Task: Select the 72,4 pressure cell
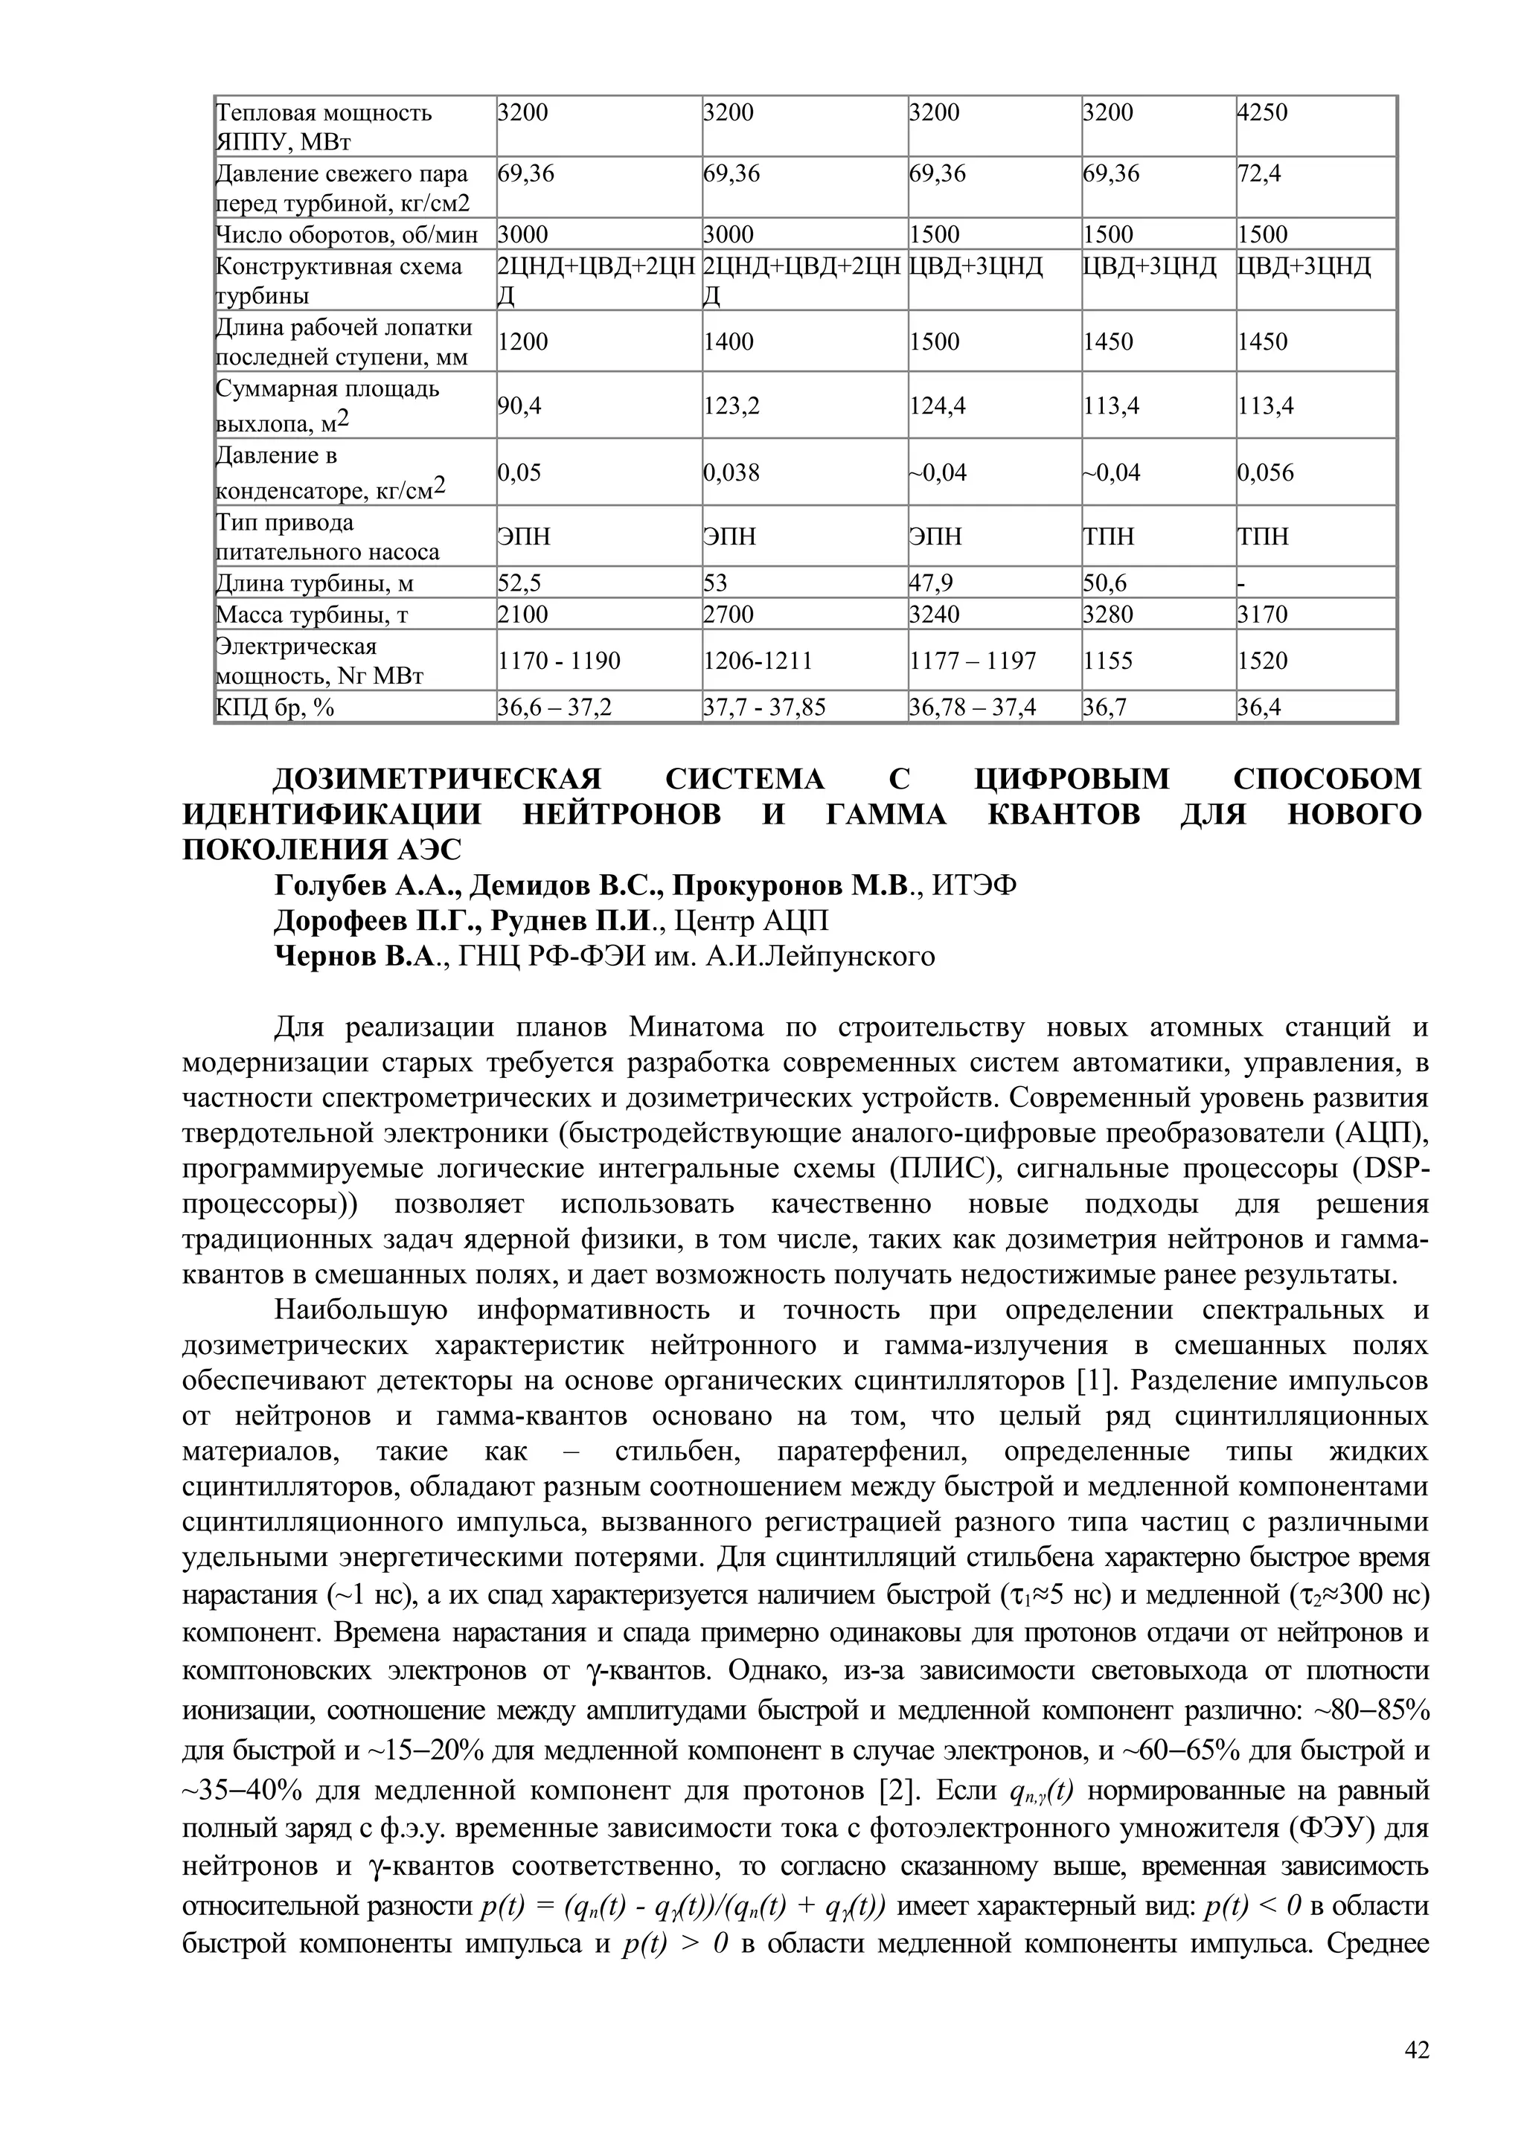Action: coord(1258,174)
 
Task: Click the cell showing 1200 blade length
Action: coord(522,341)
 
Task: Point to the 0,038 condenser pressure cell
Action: coord(731,472)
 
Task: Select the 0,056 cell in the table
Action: coord(1265,472)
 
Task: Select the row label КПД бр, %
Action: coord(275,707)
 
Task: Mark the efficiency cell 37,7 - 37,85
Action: coord(764,707)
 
